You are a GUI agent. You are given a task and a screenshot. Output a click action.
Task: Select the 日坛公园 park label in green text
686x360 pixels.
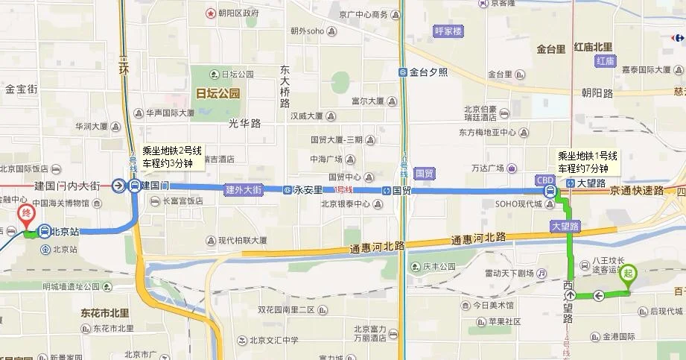(x=217, y=94)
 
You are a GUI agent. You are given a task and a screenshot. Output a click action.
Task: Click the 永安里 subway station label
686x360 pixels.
(x=308, y=190)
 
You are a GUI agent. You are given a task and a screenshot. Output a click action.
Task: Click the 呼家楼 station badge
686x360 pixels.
(x=448, y=31)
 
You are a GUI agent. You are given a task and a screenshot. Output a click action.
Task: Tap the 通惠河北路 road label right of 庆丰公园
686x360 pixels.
(x=478, y=238)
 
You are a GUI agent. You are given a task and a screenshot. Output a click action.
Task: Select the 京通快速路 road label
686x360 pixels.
(x=637, y=191)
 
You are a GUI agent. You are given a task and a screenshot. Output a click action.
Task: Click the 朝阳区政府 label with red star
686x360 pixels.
(x=238, y=13)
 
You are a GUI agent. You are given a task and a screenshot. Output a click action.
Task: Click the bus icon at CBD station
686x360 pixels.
(x=550, y=192)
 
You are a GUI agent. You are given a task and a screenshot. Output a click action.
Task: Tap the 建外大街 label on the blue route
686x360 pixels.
(x=244, y=190)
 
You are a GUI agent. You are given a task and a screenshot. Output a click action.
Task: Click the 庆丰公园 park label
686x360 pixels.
(x=439, y=267)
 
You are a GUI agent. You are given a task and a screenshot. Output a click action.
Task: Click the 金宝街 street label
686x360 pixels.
(x=21, y=89)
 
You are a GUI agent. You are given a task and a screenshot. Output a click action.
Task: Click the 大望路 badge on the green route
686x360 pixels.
(x=565, y=225)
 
